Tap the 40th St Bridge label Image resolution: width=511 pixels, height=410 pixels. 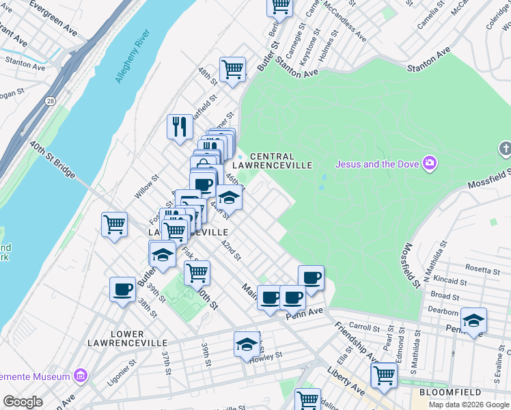[52, 161]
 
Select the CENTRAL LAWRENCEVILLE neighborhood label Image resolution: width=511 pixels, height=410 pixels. [272, 161]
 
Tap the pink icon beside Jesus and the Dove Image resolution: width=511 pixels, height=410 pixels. [430, 163]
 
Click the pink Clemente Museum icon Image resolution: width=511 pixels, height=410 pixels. [81, 376]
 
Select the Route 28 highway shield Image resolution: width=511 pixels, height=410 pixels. [51, 101]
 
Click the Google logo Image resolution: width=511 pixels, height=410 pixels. [23, 402]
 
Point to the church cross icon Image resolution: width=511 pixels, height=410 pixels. [505, 148]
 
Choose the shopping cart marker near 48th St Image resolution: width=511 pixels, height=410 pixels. [232, 69]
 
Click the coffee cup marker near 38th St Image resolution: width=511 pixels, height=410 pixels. [122, 289]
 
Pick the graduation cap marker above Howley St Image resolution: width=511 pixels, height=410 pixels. [247, 344]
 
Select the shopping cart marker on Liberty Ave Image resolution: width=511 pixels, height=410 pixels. [384, 374]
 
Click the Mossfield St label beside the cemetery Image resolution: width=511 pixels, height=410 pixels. [412, 265]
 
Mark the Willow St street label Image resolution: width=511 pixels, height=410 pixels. [146, 187]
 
